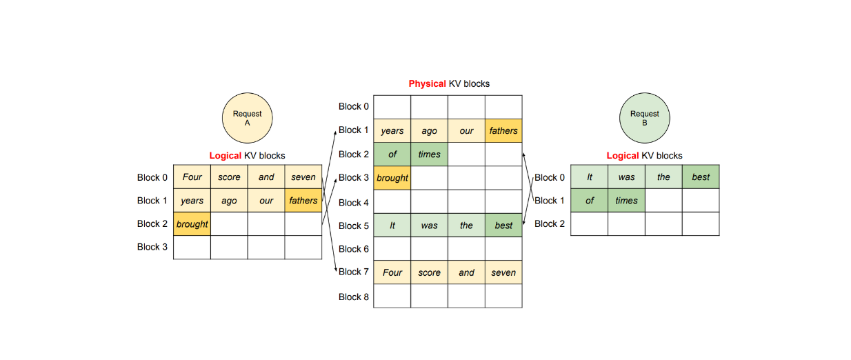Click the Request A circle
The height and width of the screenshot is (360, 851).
[x=247, y=118]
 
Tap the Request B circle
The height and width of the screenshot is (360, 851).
[x=644, y=118]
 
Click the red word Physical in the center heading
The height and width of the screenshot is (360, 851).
[x=427, y=83]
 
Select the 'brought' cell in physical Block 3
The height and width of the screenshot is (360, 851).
[x=392, y=178]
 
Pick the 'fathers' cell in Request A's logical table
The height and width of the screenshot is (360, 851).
[x=303, y=201]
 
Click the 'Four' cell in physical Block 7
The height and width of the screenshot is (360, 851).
[x=392, y=272]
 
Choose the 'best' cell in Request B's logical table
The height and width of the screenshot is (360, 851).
[x=701, y=177]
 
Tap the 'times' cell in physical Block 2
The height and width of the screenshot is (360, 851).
[x=429, y=154]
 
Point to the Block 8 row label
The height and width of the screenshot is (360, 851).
[x=354, y=297]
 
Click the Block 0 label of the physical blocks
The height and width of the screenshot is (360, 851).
[x=354, y=106]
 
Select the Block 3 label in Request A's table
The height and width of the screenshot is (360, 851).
[x=152, y=247]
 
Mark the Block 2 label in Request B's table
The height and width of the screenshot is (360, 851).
[x=550, y=223]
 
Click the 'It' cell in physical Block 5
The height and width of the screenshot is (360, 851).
[x=392, y=226]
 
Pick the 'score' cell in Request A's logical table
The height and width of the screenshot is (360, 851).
[x=229, y=177]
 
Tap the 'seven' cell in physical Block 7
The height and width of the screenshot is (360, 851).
[x=503, y=272]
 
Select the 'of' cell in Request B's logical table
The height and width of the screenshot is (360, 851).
[x=590, y=201]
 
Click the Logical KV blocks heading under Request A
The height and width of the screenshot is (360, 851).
[x=247, y=156]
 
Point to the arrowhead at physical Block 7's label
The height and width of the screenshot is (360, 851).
[x=336, y=271]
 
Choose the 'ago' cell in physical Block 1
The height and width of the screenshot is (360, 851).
[x=429, y=131]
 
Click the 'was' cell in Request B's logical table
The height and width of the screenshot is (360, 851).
[x=626, y=177]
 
